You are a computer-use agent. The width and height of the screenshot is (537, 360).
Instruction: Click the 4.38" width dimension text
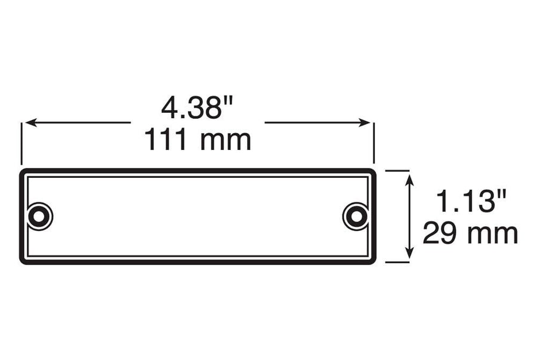pos(197,107)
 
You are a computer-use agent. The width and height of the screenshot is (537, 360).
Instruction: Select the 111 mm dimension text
pos(197,140)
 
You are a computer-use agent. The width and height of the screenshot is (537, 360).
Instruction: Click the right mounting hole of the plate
pos(357,217)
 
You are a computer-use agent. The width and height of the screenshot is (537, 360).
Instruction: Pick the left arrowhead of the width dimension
pos(31,122)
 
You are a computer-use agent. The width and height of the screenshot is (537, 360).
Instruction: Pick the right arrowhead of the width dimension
pos(365,122)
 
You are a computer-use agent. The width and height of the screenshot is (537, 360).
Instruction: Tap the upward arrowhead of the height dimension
pos(409,180)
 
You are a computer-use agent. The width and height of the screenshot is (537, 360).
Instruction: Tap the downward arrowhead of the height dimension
pos(409,253)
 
